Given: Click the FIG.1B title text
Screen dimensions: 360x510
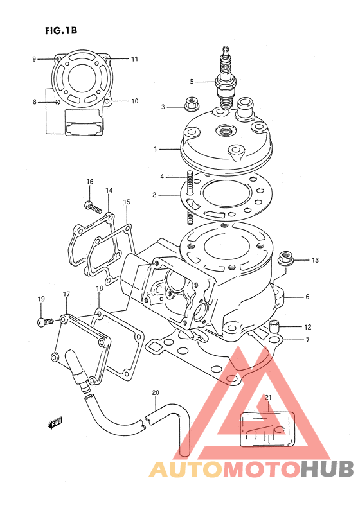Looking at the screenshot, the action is point(61,31).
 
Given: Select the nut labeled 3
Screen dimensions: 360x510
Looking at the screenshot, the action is point(192,104).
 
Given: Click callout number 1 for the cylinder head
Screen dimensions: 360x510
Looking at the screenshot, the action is point(156,149).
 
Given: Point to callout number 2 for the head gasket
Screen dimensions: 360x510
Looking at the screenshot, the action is point(154,195).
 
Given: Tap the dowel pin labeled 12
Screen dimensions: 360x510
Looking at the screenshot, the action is point(274,326).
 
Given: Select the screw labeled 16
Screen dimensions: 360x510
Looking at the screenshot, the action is point(93,207).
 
